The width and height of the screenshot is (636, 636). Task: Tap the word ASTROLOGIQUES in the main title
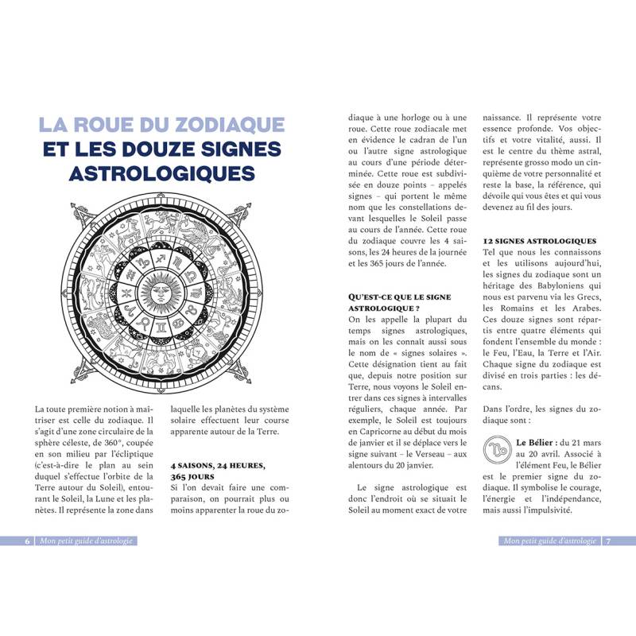click(x=162, y=173)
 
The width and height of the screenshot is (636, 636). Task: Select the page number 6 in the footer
click(x=27, y=541)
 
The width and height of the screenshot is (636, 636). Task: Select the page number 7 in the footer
click(x=608, y=541)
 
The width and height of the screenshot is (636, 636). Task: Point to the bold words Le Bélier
click(x=538, y=441)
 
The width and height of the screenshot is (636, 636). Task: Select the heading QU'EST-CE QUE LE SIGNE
click(x=399, y=297)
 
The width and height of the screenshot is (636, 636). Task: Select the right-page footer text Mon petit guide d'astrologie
click(x=549, y=541)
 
